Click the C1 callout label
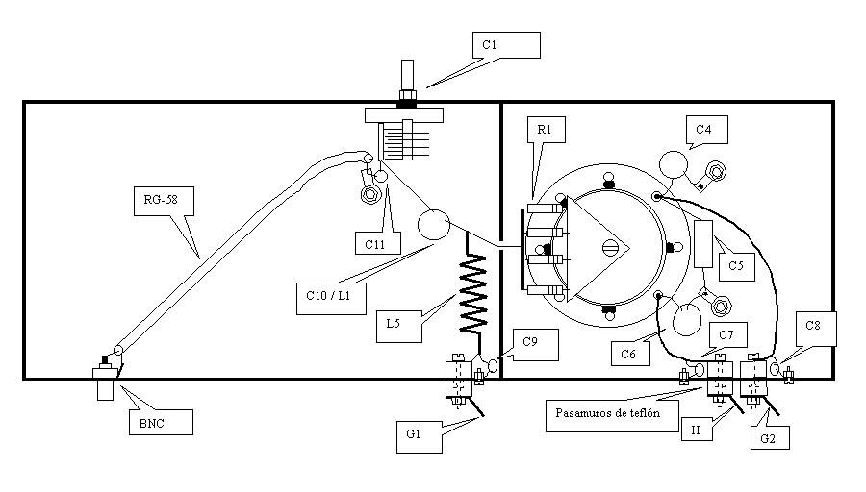pyautogui.click(x=506, y=45)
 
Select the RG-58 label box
pyautogui.click(x=164, y=201)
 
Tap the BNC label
pyautogui.click(x=162, y=423)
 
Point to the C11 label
pyautogui.click(x=378, y=243)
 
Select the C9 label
pyautogui.click(x=535, y=345)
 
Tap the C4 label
pyautogui.click(x=707, y=130)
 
